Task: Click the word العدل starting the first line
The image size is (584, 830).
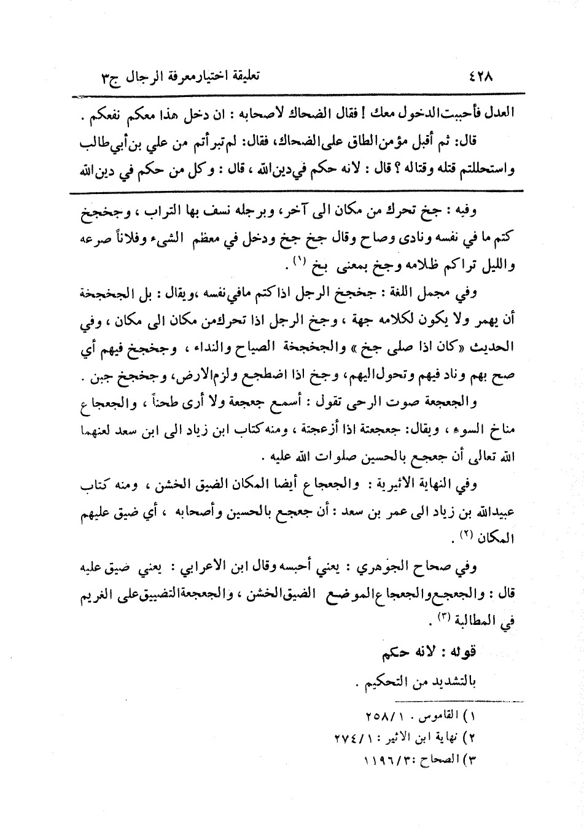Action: coord(499,114)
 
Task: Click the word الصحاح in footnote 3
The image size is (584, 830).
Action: coord(437,759)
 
